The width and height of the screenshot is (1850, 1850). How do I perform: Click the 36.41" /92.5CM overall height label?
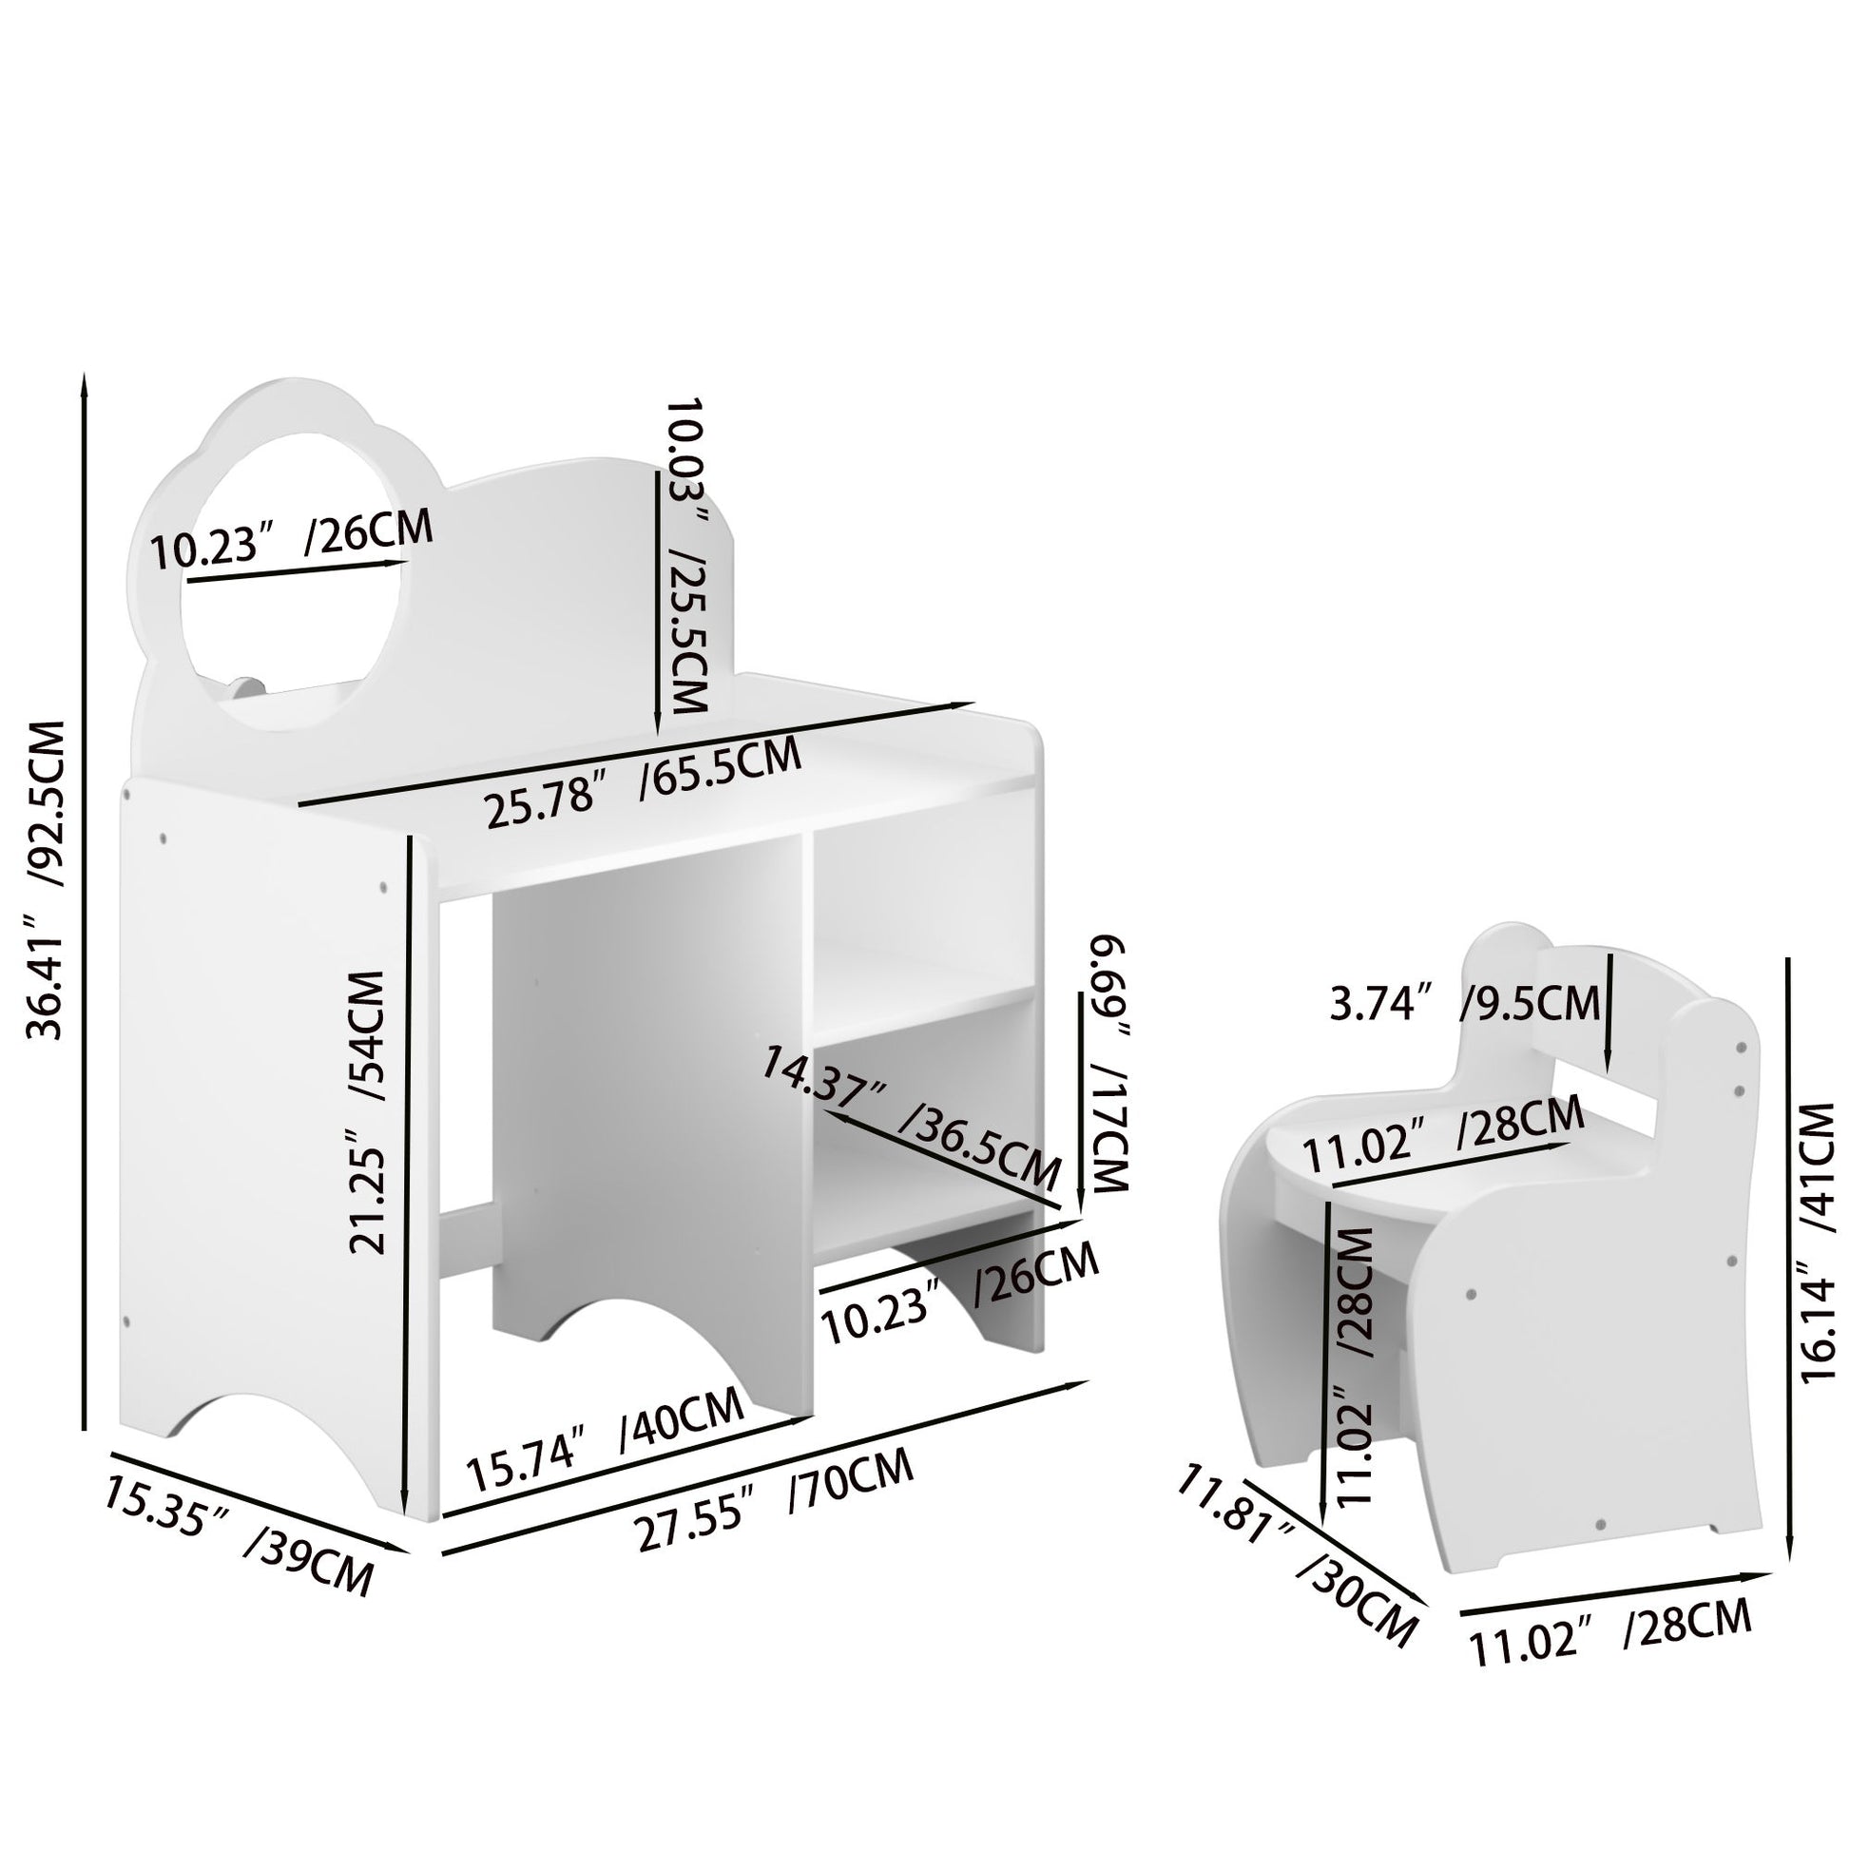[x=46, y=881]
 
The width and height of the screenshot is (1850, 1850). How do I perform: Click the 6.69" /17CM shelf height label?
[x=1108, y=1066]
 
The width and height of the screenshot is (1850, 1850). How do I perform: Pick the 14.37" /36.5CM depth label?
[x=912, y=1116]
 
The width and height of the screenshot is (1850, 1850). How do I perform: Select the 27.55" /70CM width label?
[x=776, y=1511]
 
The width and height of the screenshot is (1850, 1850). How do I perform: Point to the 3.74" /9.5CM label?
[x=1465, y=1004]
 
